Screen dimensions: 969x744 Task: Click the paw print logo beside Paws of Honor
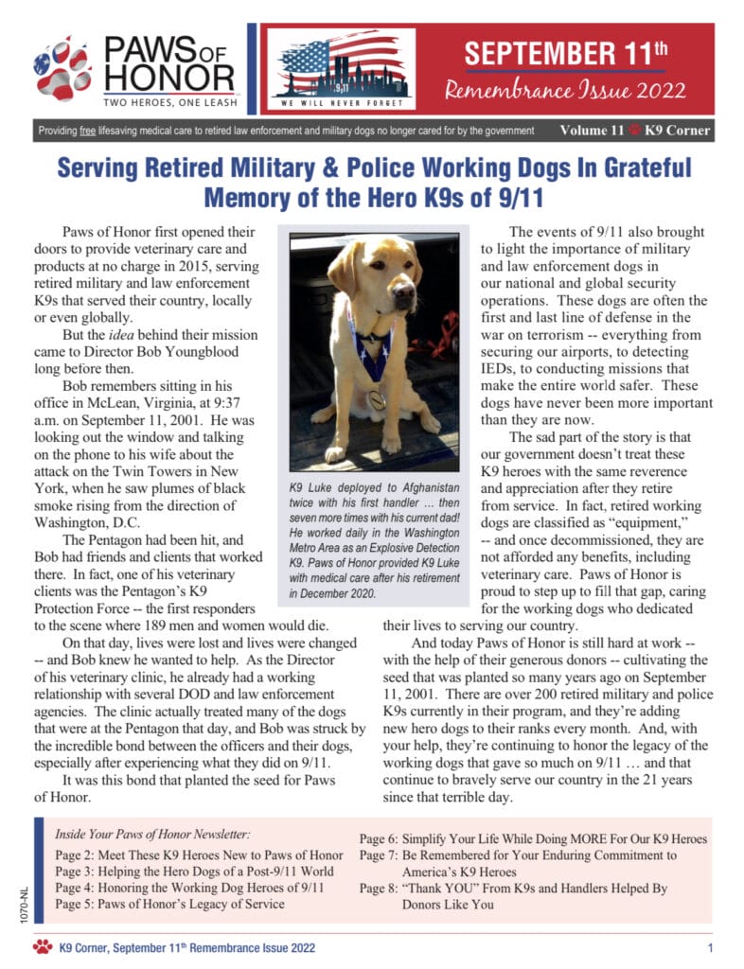[62, 67]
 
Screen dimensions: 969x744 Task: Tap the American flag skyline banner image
[342, 68]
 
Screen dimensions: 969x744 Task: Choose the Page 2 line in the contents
[199, 855]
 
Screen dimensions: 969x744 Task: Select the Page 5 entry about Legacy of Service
[169, 904]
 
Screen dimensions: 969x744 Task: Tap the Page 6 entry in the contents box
[533, 839]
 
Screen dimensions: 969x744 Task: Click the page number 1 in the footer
[710, 947]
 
